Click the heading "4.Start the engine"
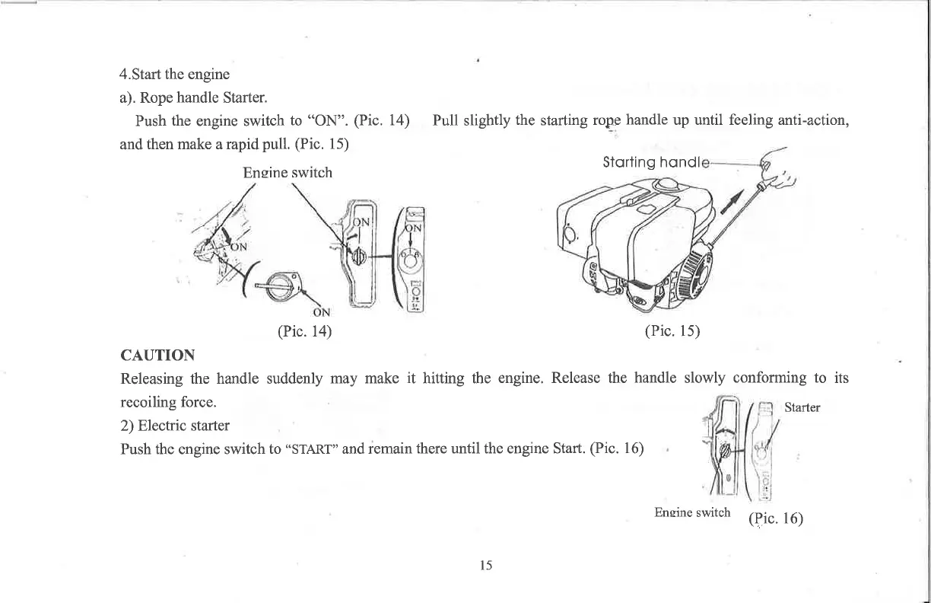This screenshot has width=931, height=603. tap(175, 75)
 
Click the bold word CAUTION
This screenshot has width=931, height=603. tap(157, 356)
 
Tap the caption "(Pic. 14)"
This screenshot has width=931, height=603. tap(304, 331)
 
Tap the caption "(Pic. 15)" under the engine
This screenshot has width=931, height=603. tap(672, 331)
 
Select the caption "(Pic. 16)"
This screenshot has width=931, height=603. tap(776, 519)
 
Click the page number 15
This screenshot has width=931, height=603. tap(486, 565)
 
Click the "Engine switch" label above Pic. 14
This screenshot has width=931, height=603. tap(287, 173)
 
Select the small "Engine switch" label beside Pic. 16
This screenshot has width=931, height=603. tap(692, 512)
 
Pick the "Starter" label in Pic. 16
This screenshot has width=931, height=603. tap(802, 407)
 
